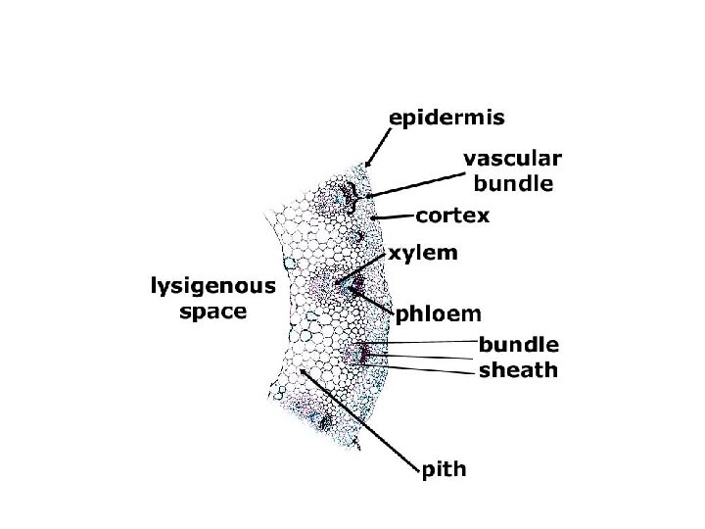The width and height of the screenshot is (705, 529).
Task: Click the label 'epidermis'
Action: [x=447, y=119]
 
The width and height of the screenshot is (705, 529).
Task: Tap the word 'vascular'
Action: [x=512, y=159]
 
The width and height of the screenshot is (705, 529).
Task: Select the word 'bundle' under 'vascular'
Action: [x=512, y=183]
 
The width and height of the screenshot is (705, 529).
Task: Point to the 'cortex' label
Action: [x=452, y=214]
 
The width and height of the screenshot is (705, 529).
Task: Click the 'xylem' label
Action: [x=423, y=253]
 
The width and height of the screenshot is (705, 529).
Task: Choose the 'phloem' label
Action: [x=438, y=313]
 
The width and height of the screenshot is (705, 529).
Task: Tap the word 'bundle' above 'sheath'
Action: [x=518, y=344]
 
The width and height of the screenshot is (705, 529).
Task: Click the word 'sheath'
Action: [x=518, y=369]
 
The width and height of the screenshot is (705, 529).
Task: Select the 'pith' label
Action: [x=444, y=472]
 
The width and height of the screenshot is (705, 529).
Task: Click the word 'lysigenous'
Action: [x=212, y=287]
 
